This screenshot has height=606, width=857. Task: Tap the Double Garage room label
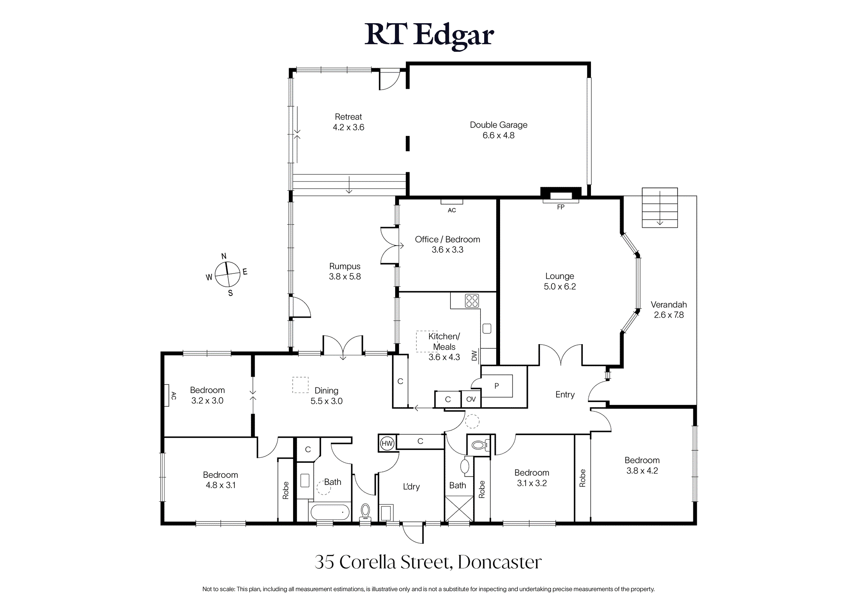click(498, 125)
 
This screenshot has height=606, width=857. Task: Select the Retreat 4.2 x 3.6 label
click(348, 122)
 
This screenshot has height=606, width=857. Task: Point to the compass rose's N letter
click(224, 256)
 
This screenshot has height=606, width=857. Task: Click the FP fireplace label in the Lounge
click(560, 207)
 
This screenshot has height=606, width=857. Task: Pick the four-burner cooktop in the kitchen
click(472, 301)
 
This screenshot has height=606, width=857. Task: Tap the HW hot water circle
click(387, 444)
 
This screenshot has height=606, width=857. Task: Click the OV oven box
click(471, 399)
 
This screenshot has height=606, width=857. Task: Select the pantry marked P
click(497, 386)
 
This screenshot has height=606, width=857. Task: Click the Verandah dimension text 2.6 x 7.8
click(668, 315)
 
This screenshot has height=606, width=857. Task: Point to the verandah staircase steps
click(660, 207)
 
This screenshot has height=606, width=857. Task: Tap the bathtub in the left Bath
click(330, 512)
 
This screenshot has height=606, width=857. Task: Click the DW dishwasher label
click(474, 356)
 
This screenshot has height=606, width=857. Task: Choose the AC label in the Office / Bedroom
click(452, 210)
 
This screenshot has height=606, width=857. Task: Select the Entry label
click(565, 395)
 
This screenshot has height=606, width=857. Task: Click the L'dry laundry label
click(411, 486)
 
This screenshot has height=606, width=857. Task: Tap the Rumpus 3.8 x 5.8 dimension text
click(345, 277)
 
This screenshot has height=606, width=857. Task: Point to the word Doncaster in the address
click(500, 562)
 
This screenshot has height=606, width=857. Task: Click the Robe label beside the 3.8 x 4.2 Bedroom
click(582, 478)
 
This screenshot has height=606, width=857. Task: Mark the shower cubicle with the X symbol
click(459, 509)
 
